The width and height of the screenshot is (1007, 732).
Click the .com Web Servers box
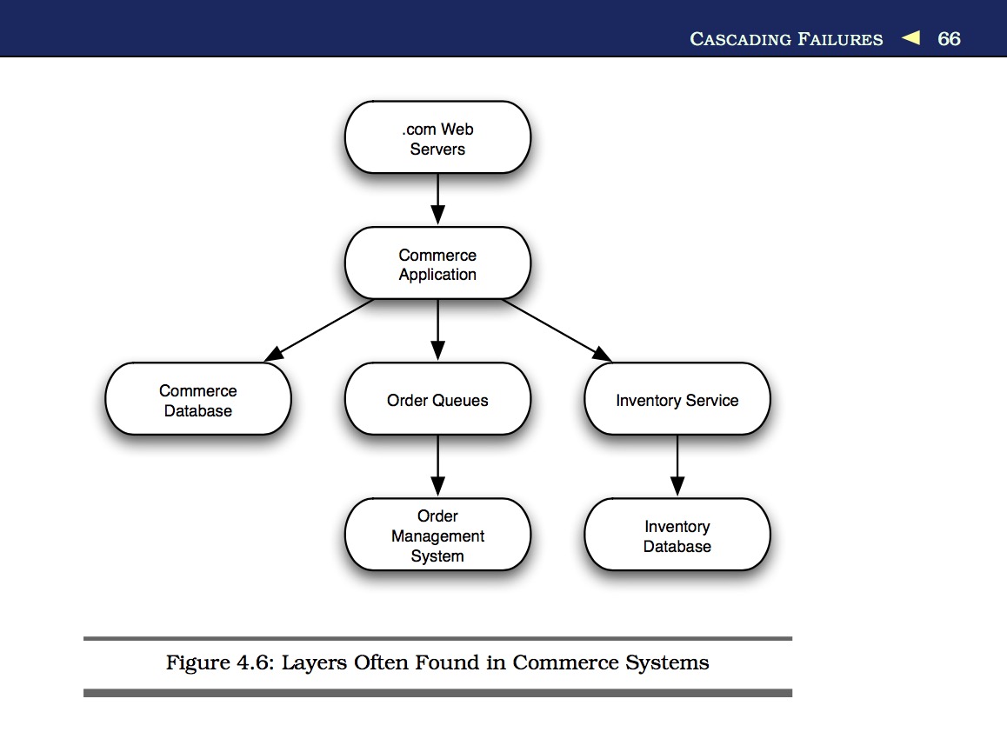pos(437,138)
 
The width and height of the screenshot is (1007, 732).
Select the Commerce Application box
pos(437,264)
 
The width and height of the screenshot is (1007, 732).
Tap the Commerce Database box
pos(198,400)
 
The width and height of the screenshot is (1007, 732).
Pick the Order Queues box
pos(437,400)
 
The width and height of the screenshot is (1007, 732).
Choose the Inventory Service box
pos(677,400)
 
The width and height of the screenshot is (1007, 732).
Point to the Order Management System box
pos(437,536)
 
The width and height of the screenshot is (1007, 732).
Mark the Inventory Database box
pos(677,536)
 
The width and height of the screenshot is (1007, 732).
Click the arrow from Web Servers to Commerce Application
pos(437,199)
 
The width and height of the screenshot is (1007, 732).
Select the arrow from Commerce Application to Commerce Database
pos(321,329)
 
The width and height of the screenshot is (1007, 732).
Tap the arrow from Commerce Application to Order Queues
pos(437,330)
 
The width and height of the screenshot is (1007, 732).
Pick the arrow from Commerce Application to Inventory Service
pos(557,329)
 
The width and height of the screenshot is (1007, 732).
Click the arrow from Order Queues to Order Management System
pos(437,466)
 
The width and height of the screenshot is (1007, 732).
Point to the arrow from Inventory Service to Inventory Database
pos(677,466)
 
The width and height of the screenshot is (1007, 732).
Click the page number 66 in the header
pos(949,39)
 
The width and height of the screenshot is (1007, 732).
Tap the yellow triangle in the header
pos(910,38)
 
